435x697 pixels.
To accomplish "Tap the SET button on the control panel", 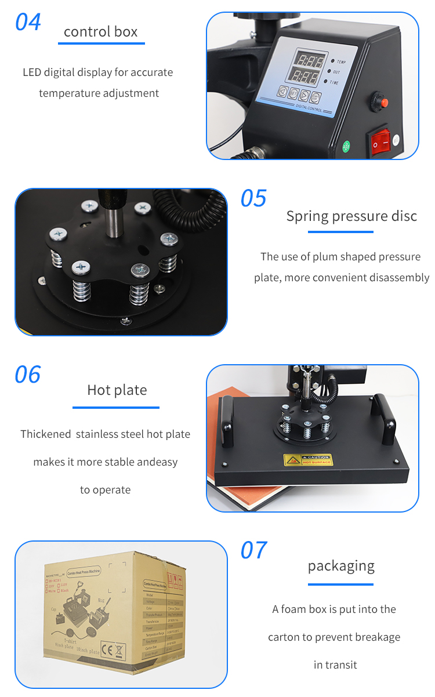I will click(x=294, y=93).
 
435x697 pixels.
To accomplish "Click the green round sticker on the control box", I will click(x=347, y=147).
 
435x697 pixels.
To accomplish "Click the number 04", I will click(x=28, y=22).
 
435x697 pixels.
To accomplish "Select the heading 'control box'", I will click(x=101, y=31).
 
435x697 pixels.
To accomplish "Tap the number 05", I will click(x=253, y=198).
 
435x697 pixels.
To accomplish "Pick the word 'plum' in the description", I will click(x=324, y=257).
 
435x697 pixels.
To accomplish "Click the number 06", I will click(x=28, y=375).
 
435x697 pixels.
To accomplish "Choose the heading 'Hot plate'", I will click(x=117, y=390).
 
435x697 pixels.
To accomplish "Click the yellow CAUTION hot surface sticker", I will click(x=308, y=460).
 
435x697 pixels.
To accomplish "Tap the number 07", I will click(x=253, y=550).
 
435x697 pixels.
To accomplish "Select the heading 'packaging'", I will click(x=341, y=565).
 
